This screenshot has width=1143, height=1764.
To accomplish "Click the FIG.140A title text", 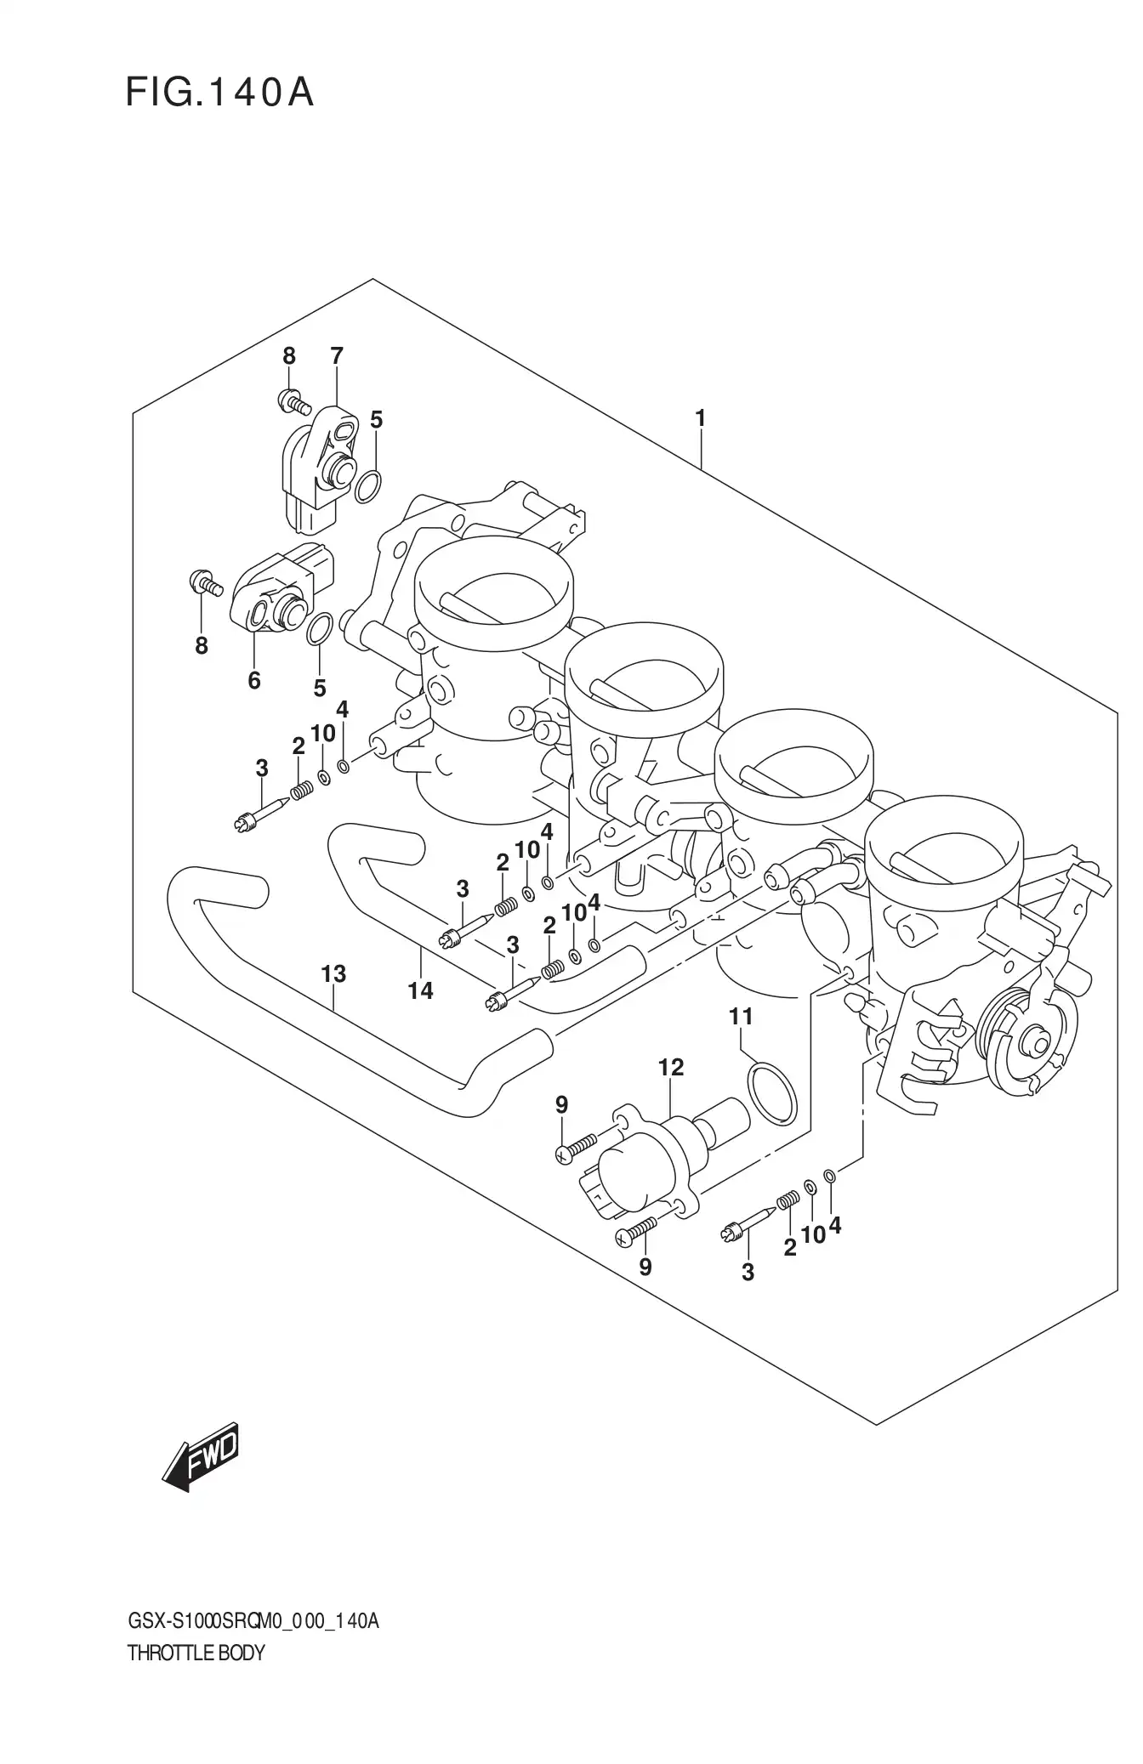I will pyautogui.click(x=219, y=93).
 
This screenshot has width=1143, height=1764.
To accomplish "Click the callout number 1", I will pyautogui.click(x=700, y=418).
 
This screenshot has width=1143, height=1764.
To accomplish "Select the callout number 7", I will pyautogui.click(x=337, y=356).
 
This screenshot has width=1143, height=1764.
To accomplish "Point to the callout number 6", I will pyautogui.click(x=253, y=680).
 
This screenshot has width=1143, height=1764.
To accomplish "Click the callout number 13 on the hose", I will pyautogui.click(x=333, y=974).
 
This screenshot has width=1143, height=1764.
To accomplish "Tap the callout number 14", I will pyautogui.click(x=420, y=990).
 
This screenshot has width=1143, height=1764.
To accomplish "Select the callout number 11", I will pyautogui.click(x=741, y=1016).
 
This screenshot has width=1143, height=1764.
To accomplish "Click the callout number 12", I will pyautogui.click(x=671, y=1068).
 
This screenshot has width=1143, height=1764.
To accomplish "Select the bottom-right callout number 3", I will pyautogui.click(x=748, y=1296).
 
